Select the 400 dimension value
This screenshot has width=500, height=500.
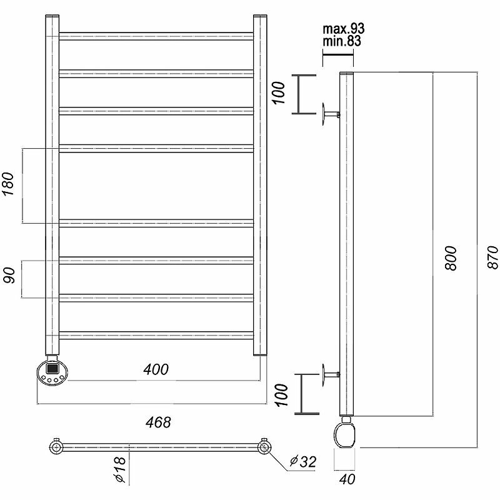155,369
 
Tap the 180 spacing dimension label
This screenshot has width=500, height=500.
9,186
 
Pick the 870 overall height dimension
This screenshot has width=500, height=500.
492,257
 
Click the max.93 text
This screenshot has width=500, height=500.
344,29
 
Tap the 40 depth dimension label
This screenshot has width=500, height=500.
345,481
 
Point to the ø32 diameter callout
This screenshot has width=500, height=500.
302,462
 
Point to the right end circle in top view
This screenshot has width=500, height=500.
264,447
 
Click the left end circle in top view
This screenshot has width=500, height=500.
56,447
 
